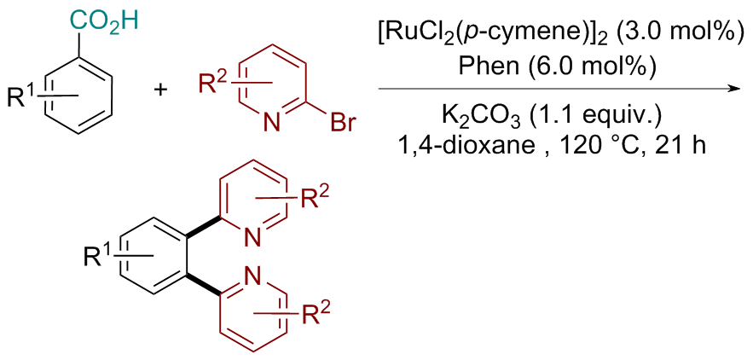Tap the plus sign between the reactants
point(163,91)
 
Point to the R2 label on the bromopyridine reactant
point(211,84)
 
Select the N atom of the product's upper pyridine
point(252,236)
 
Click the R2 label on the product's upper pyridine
point(312,200)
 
